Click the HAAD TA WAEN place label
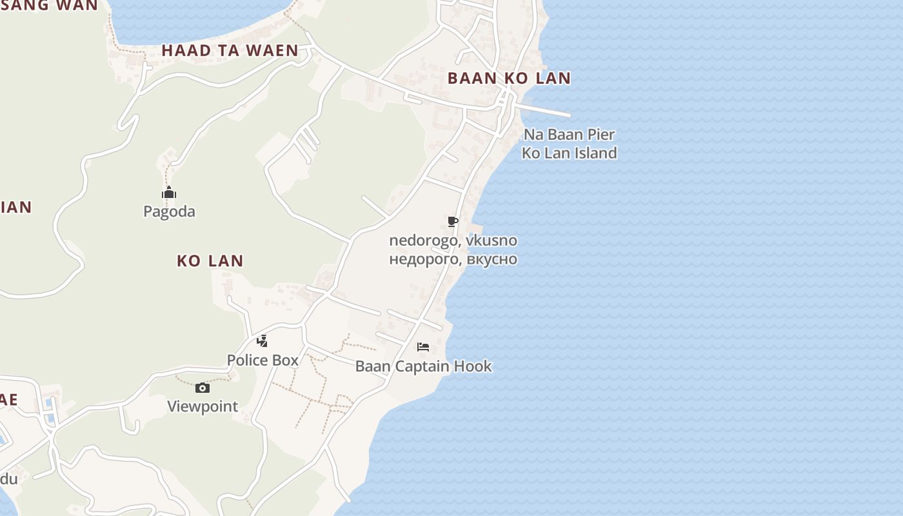(x=230, y=50)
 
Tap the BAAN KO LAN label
(x=509, y=78)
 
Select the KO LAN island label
(x=210, y=261)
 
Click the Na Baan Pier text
(x=569, y=135)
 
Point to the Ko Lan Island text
(x=569, y=153)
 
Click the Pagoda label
(x=169, y=212)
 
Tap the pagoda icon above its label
(x=169, y=193)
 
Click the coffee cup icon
(x=453, y=222)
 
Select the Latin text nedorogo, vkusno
(x=453, y=241)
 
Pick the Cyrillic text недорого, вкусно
(x=453, y=259)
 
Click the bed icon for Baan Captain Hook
(x=423, y=347)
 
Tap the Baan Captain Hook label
(x=423, y=366)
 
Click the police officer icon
(x=262, y=341)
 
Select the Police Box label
(x=263, y=360)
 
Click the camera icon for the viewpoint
(x=203, y=388)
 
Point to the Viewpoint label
(x=203, y=406)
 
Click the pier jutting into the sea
(x=545, y=110)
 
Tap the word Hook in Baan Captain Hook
(x=473, y=366)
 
